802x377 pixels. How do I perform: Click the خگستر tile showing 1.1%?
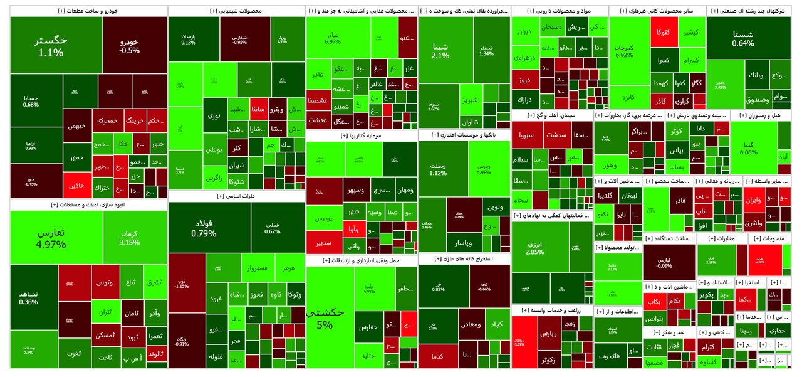point(51,45)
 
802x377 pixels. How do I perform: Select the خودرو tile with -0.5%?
point(129,45)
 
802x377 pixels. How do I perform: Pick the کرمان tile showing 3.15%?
point(129,238)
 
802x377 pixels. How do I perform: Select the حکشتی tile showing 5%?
point(324,319)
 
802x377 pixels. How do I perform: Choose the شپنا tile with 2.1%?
point(440,51)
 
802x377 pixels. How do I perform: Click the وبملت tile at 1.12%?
point(438,169)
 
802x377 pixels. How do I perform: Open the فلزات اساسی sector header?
point(237,196)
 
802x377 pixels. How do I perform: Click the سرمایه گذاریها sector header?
point(362,135)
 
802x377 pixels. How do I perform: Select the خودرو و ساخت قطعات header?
point(88,11)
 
